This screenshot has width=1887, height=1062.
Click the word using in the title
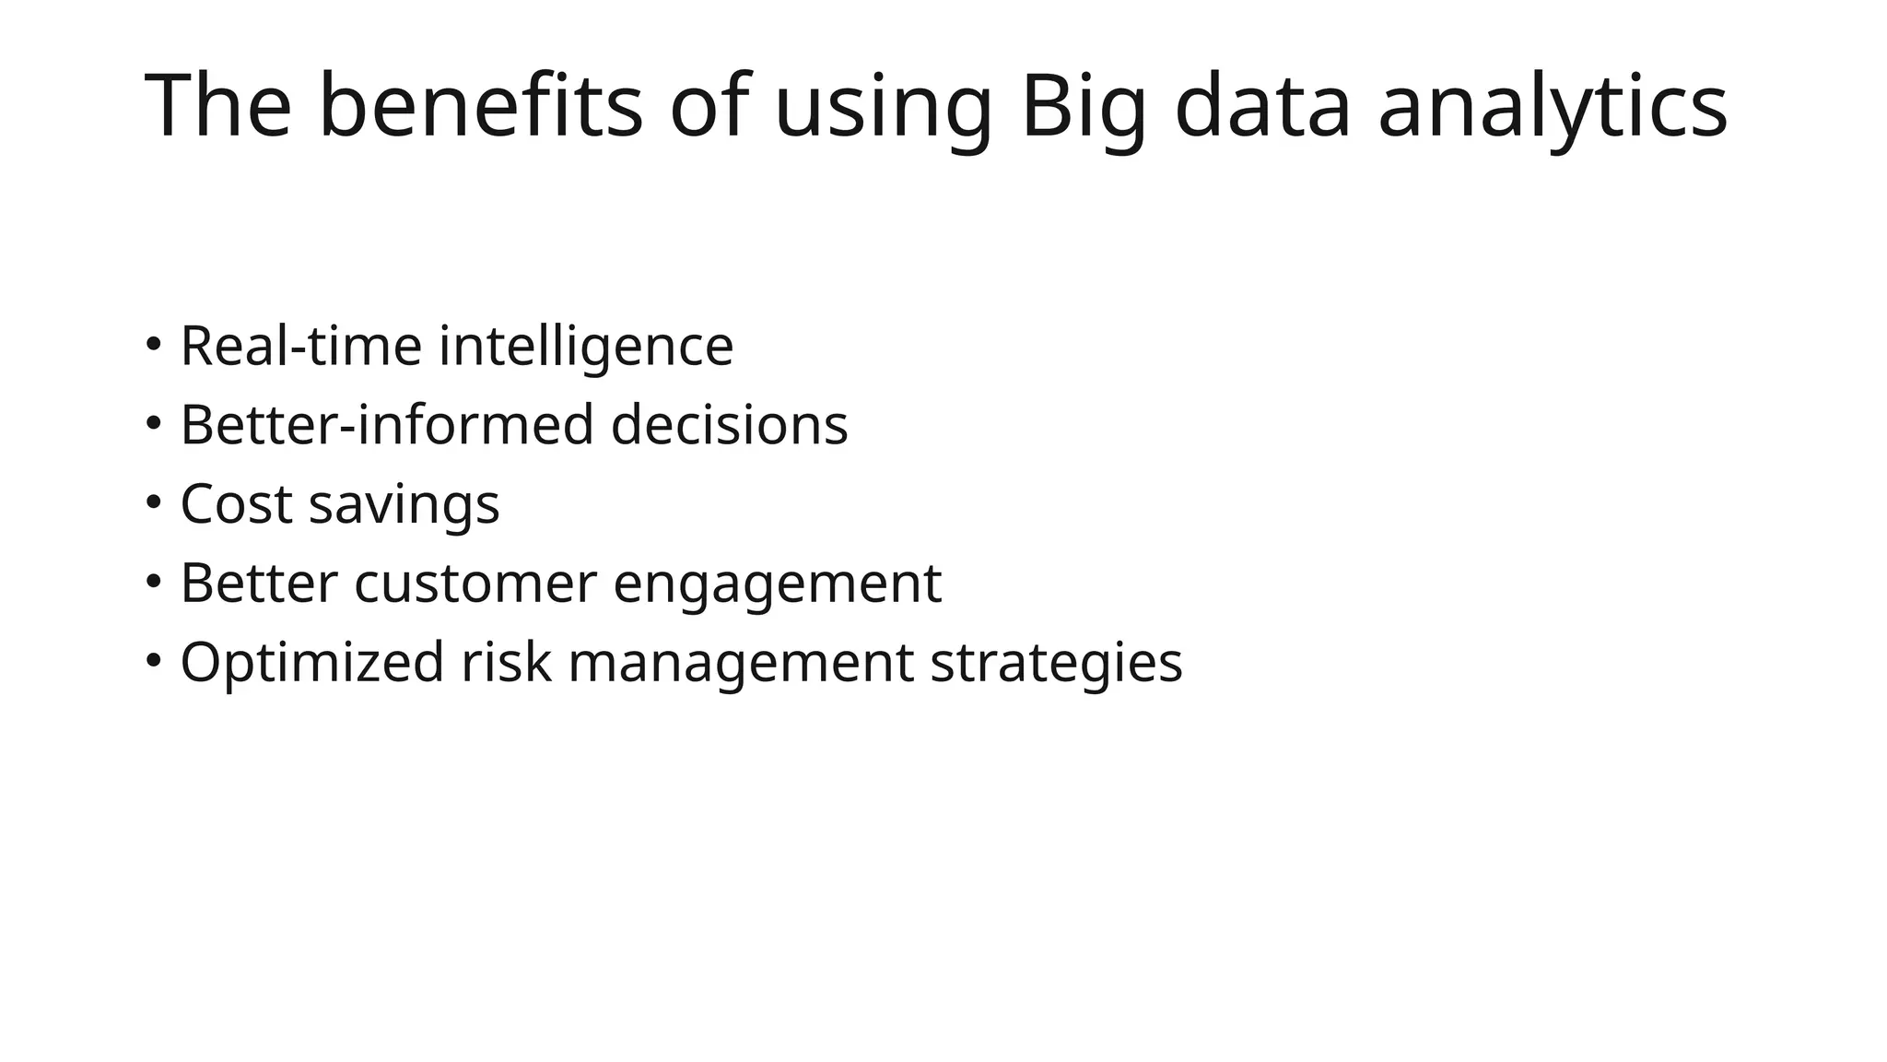tap(884, 109)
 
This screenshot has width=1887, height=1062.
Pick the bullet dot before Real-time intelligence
tap(153, 345)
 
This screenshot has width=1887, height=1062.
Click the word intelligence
tap(586, 347)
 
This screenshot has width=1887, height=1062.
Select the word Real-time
tap(301, 347)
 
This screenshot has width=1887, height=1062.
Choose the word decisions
tap(729, 426)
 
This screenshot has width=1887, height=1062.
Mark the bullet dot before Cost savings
tap(153, 503)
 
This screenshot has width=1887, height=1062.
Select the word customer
tap(475, 584)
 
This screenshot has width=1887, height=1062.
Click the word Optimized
tap(312, 664)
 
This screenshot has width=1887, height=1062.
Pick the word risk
tap(506, 662)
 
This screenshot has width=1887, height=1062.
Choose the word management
tap(741, 664)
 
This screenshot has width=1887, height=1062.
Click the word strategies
tap(1056, 664)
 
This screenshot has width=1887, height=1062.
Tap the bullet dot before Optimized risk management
tap(153, 660)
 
